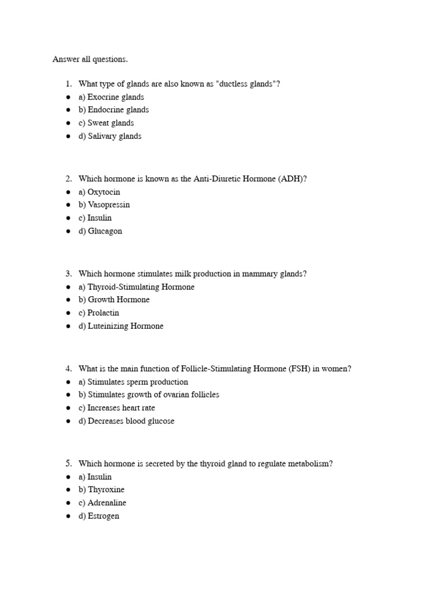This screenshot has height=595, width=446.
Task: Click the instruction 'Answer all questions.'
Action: click(x=90, y=59)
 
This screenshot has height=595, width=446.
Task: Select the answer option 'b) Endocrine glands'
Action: click(x=113, y=110)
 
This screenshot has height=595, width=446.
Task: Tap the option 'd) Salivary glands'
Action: click(x=110, y=136)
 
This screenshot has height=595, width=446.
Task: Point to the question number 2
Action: click(x=69, y=178)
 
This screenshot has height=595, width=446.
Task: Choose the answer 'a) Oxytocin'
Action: click(x=99, y=192)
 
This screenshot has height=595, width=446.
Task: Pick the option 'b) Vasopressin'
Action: click(x=104, y=205)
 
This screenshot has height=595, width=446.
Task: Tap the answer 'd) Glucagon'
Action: click(x=100, y=231)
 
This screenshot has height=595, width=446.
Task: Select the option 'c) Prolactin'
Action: click(x=99, y=313)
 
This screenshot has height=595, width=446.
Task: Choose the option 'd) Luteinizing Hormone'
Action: click(x=121, y=326)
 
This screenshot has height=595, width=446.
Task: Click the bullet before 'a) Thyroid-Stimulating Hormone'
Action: click(x=69, y=287)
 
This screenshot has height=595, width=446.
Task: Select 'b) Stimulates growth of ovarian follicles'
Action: click(x=149, y=395)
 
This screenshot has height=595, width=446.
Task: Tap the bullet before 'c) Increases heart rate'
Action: click(x=69, y=408)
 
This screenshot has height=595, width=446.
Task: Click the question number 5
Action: click(x=69, y=463)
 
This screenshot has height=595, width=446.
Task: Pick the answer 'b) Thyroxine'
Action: click(x=101, y=489)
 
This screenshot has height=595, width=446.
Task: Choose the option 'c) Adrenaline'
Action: click(x=102, y=503)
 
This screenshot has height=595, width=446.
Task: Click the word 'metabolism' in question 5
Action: click(x=312, y=464)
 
